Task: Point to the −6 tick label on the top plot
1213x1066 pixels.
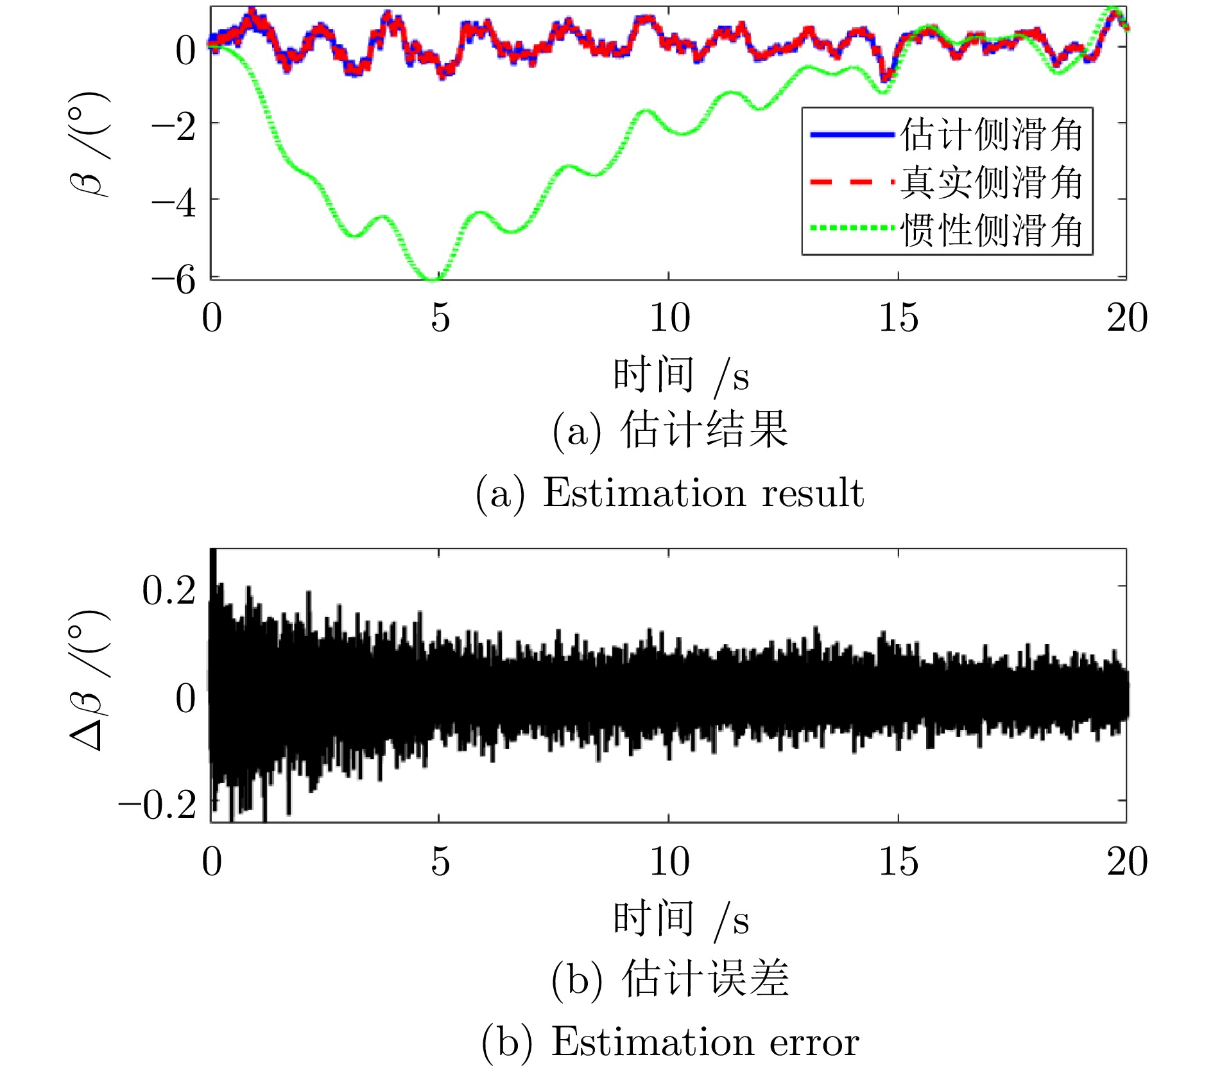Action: (x=173, y=279)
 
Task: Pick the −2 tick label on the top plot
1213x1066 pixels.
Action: (x=173, y=127)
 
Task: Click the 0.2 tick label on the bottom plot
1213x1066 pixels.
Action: (x=169, y=590)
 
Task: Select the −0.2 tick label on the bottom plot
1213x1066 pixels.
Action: (x=157, y=803)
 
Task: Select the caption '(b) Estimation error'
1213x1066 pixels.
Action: (x=670, y=1041)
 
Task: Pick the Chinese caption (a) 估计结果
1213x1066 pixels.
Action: (x=669, y=429)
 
